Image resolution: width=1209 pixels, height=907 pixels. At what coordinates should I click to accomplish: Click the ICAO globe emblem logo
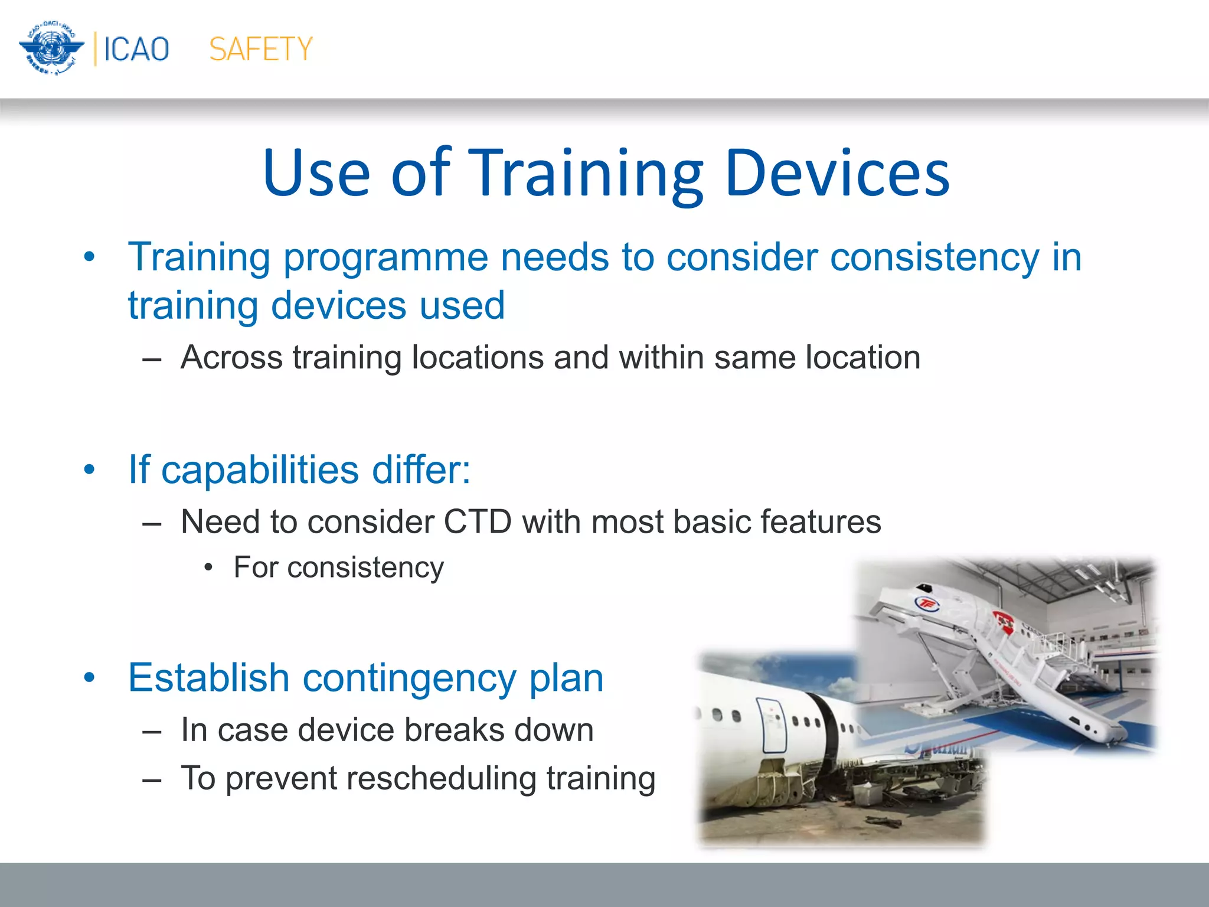(51, 48)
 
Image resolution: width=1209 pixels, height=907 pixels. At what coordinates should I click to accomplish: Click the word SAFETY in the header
(260, 49)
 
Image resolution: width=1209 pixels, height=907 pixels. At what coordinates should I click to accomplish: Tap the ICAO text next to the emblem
(136, 49)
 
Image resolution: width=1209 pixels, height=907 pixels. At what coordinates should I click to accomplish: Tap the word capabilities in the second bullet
(260, 470)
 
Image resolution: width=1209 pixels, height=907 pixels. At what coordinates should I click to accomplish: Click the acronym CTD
(477, 522)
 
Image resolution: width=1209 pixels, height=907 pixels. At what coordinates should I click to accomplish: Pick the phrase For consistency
(338, 567)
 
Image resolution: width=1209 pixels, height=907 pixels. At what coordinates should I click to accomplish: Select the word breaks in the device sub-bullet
(454, 730)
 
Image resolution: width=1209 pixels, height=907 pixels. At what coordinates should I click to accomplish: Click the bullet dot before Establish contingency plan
(89, 678)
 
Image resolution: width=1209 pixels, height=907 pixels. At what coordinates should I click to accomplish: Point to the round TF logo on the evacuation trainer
(926, 603)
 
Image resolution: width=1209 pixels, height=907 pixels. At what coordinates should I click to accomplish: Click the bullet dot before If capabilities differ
(89, 471)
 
